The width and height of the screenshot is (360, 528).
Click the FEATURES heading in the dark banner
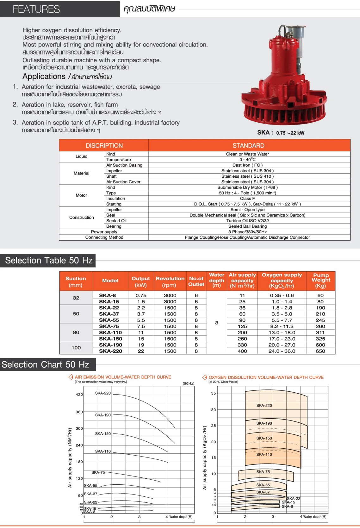click(36, 9)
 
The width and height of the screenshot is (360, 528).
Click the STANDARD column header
click(248, 145)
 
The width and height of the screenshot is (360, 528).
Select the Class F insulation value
click(247, 199)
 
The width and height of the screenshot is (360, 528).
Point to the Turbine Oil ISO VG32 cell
click(247, 221)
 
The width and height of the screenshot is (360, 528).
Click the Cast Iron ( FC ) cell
click(247, 165)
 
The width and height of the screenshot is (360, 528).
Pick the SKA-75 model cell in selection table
click(109, 326)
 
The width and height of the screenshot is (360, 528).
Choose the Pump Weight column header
click(320, 280)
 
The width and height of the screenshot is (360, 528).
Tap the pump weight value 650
click(320, 351)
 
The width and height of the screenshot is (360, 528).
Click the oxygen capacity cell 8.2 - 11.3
click(282, 326)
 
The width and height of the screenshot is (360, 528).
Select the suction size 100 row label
click(76, 348)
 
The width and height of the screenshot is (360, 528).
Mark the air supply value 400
click(242, 351)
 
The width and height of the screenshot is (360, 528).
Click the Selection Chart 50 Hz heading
click(46, 365)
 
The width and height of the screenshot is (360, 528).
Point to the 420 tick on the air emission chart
click(79, 395)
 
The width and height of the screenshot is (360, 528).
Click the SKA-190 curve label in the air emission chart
click(103, 415)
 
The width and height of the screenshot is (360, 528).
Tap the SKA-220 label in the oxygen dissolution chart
click(264, 405)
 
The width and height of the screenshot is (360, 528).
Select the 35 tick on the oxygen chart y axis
click(214, 393)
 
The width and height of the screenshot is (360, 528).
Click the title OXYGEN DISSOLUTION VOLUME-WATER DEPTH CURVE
click(266, 377)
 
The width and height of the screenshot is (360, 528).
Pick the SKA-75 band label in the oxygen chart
click(263, 472)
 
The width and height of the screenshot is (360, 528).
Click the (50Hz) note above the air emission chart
click(188, 384)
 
